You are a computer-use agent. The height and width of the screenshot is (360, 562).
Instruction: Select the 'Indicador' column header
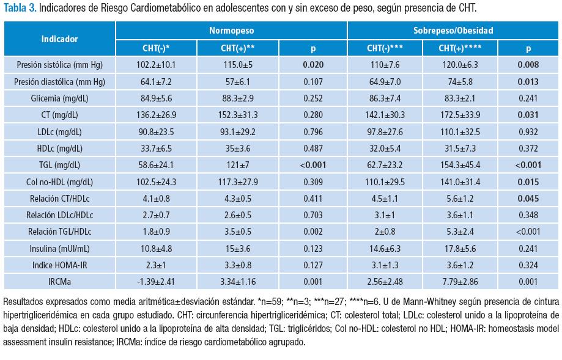pyautogui.click(x=59, y=39)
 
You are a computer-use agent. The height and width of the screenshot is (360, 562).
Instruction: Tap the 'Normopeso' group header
pyautogui.click(x=232, y=30)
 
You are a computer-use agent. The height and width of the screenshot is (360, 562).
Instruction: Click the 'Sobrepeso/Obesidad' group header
pyautogui.click(x=453, y=30)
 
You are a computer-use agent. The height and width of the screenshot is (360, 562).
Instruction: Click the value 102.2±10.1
pyautogui.click(x=155, y=64)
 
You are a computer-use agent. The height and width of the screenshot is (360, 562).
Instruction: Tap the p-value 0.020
pyautogui.click(x=312, y=64)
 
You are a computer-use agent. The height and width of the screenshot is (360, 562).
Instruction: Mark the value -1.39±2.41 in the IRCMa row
pyautogui.click(x=155, y=281)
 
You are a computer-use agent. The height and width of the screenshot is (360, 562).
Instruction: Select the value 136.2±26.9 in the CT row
pyautogui.click(x=155, y=114)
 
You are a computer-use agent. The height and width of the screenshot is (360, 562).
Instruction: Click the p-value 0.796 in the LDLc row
pyautogui.click(x=312, y=131)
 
